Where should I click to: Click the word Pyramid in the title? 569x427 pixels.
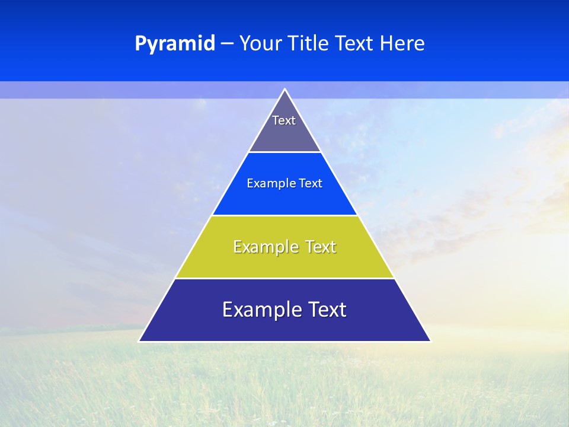(175, 44)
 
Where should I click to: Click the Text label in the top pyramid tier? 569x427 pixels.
(284, 120)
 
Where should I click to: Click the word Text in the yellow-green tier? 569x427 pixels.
(321, 247)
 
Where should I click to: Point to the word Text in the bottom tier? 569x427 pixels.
(327, 310)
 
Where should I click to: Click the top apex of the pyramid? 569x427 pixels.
(284, 90)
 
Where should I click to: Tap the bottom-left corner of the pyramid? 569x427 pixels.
(140, 341)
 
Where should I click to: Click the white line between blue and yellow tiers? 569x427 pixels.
(284, 215)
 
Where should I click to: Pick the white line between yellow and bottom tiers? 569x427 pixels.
(284, 278)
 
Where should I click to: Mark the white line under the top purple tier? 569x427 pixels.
(284, 152)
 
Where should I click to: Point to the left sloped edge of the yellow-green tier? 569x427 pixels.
(194, 247)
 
